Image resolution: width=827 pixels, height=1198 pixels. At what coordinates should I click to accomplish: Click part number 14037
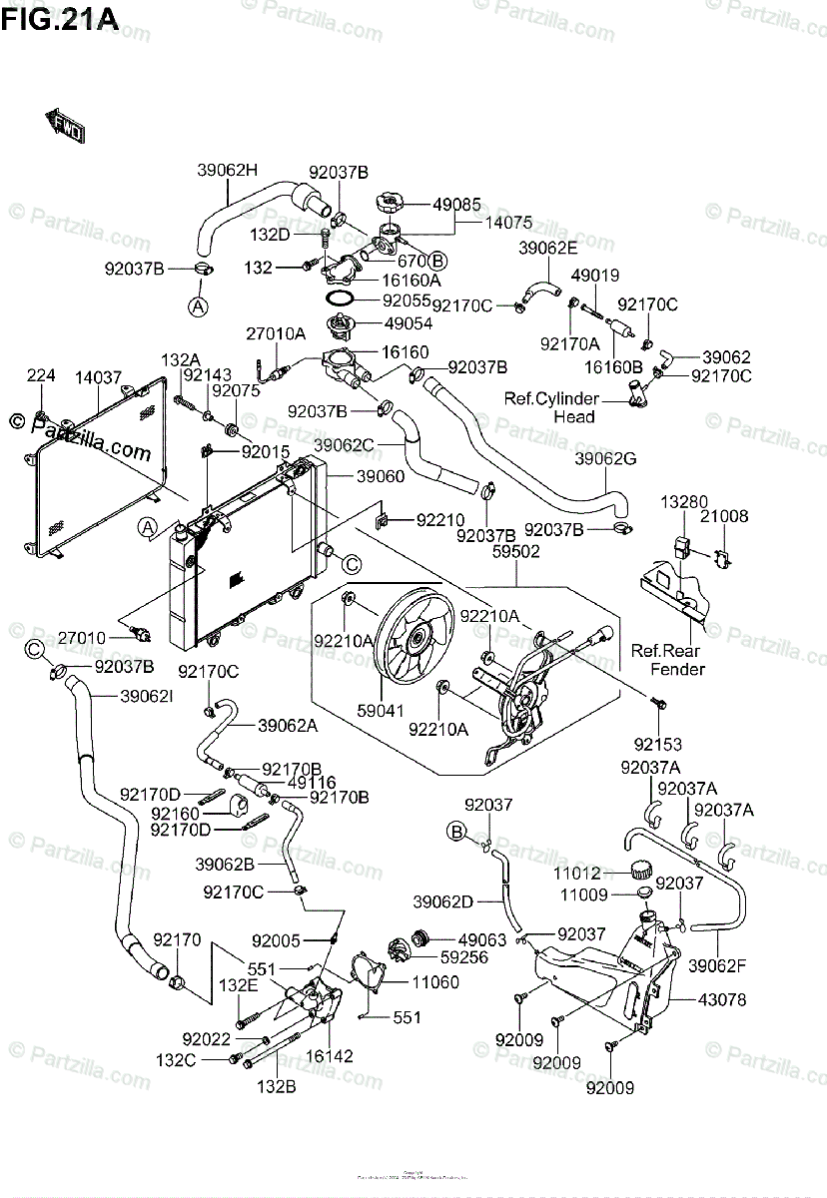[x=98, y=378]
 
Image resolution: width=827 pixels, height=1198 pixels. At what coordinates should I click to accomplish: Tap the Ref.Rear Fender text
[x=668, y=659]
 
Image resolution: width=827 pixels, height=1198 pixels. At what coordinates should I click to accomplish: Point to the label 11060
[x=435, y=982]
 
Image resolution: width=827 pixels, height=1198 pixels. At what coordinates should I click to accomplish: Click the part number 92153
[x=656, y=744]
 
